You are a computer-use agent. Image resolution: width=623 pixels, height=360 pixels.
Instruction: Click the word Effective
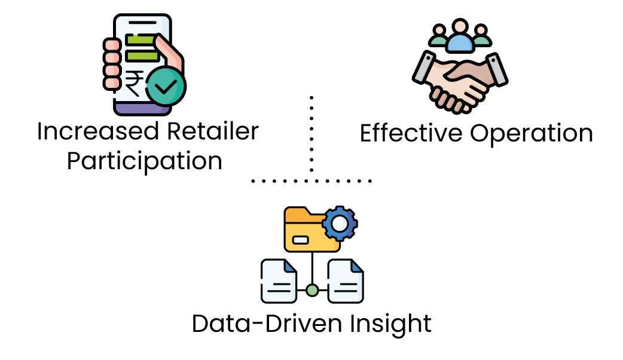[412, 133]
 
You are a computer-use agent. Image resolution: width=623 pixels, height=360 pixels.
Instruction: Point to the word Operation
[531, 134]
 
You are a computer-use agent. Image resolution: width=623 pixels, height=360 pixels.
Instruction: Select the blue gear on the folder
[340, 224]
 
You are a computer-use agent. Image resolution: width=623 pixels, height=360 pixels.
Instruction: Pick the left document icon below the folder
[279, 281]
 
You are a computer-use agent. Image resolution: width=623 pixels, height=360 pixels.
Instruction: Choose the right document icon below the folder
[346, 281]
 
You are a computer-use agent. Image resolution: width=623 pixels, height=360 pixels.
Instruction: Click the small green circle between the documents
[312, 291]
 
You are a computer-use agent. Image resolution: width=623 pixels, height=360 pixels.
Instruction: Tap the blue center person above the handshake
[460, 37]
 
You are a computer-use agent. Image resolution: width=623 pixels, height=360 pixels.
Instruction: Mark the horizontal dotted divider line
[311, 179]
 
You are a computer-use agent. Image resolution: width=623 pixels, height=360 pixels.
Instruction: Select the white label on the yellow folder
[300, 240]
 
